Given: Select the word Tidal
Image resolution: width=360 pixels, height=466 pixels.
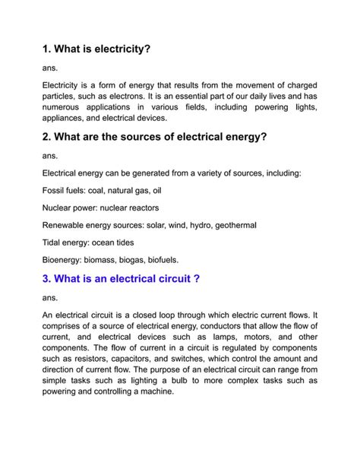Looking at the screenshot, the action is [54, 243].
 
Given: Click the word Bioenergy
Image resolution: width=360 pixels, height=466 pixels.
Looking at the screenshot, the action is [66, 260].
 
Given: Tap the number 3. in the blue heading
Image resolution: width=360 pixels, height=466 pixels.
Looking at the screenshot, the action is [48, 279].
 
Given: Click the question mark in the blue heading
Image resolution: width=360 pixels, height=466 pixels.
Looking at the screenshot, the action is [197, 279].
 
